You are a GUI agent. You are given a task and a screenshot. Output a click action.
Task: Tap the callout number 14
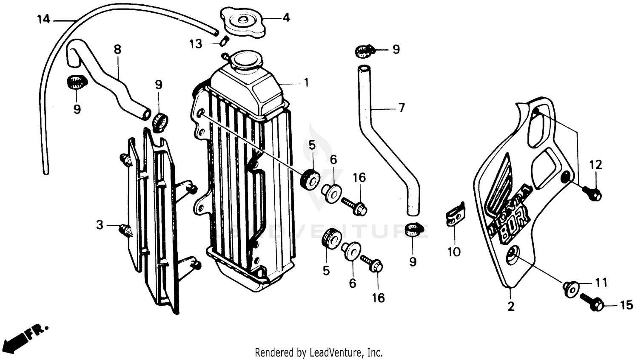click(x=43, y=19)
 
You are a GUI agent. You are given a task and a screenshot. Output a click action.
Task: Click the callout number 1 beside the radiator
click(x=306, y=82)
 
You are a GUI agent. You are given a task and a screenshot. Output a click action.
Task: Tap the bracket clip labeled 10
click(x=455, y=217)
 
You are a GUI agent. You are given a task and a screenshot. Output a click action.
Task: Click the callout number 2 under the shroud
click(x=511, y=306)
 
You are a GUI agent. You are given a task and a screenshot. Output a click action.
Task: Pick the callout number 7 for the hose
click(x=401, y=108)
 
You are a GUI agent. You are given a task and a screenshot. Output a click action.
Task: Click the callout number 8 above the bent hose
click(x=117, y=49)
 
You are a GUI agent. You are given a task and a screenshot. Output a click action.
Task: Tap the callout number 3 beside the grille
click(x=99, y=224)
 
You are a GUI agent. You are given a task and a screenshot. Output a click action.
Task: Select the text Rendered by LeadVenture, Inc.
click(x=319, y=352)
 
